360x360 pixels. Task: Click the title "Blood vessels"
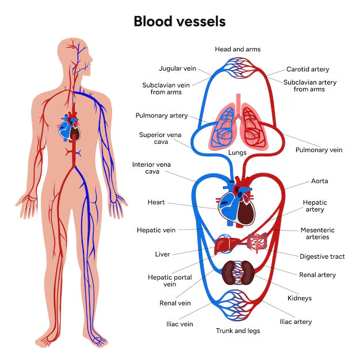[179, 21]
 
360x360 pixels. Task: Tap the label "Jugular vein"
[178, 69]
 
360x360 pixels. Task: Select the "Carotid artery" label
[308, 70]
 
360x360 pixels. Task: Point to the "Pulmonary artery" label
[162, 116]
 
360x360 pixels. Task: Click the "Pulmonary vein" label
[319, 150]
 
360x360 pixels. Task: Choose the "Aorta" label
[319, 181]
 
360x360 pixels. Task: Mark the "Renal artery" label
[317, 275]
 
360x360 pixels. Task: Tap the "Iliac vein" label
[178, 324]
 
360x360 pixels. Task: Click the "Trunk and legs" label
[238, 331]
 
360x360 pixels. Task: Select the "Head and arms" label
[238, 49]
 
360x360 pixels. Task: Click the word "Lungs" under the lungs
[238, 154]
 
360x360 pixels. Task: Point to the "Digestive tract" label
[322, 256]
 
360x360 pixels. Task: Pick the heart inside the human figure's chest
[72, 127]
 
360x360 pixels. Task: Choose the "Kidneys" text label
[299, 298]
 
